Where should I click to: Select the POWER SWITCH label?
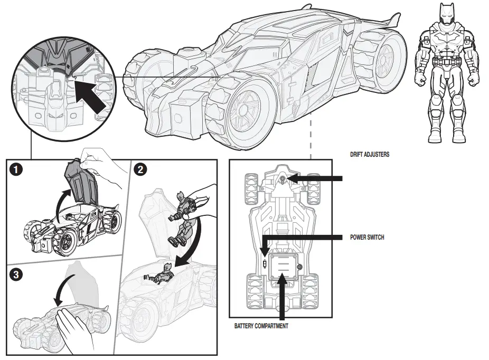367,238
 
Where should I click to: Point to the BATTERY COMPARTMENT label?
262,326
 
